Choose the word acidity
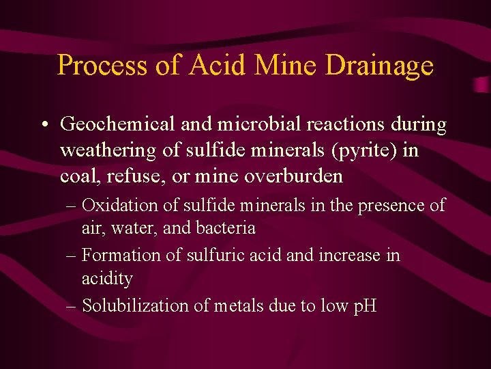[107, 279]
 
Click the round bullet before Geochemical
[43, 126]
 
